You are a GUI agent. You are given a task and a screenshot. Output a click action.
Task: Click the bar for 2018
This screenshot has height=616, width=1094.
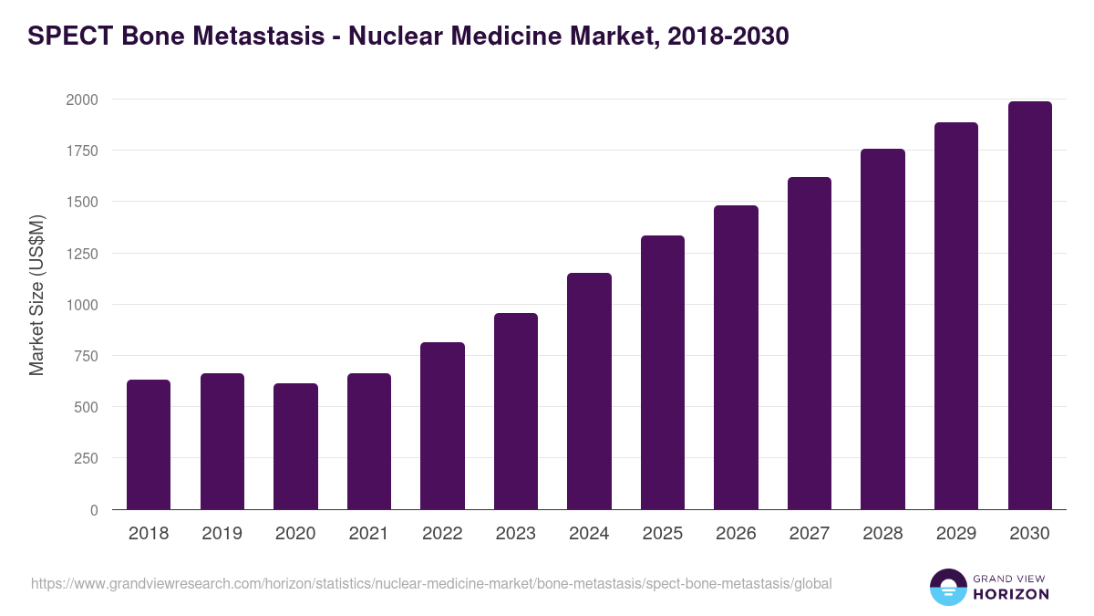[149, 444]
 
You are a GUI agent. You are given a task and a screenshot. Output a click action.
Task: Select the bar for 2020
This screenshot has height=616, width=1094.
[295, 446]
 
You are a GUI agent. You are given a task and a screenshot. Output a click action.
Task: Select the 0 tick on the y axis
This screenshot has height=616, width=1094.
[94, 510]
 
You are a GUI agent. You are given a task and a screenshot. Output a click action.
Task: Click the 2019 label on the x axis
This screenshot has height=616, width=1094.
[222, 534]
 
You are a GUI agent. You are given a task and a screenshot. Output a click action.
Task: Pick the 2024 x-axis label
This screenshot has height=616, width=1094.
[589, 534]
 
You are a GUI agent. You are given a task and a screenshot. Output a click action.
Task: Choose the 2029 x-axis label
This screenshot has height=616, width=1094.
[956, 534]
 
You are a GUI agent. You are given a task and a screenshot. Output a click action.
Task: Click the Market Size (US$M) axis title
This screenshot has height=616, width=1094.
[36, 295]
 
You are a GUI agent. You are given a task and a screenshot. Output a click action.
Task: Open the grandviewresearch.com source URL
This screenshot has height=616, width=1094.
[431, 583]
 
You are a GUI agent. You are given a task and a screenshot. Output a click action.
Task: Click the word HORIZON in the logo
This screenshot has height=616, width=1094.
[1010, 594]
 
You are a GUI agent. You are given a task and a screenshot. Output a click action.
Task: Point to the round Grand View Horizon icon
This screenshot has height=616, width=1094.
[948, 587]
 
